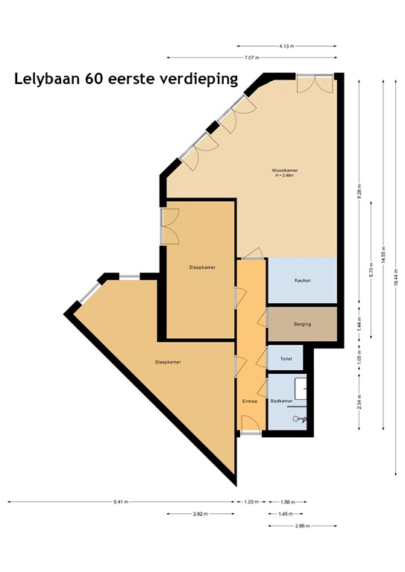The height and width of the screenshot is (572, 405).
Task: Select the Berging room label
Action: coord(302,325)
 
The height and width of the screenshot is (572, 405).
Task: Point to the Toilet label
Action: coord(286,358)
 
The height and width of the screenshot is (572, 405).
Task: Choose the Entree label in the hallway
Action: coord(250,401)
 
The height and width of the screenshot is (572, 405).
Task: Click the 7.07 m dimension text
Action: coord(251,57)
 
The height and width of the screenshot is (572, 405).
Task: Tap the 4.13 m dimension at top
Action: coord(286,46)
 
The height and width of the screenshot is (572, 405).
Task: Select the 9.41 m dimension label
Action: coord(121,502)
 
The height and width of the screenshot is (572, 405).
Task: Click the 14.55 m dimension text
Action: coord(383,252)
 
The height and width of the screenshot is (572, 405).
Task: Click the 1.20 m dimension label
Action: coord(251,502)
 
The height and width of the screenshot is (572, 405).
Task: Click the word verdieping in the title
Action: coord(195,79)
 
